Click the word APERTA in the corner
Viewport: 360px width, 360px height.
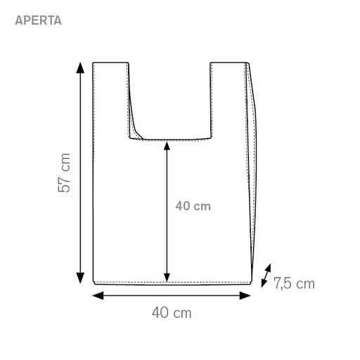[38, 20]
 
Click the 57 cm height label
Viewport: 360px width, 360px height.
[64, 173]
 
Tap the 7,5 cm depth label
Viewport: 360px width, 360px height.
[294, 283]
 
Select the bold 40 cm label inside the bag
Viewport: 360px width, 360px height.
[193, 206]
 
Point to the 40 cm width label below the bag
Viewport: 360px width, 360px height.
[172, 313]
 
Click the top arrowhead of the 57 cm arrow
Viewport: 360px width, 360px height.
[80, 67]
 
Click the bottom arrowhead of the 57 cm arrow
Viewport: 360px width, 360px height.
[80, 278]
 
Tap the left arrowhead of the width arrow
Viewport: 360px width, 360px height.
[98, 295]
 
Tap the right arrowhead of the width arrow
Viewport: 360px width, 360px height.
[245, 295]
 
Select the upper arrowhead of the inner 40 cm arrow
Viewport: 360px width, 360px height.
[167, 146]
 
